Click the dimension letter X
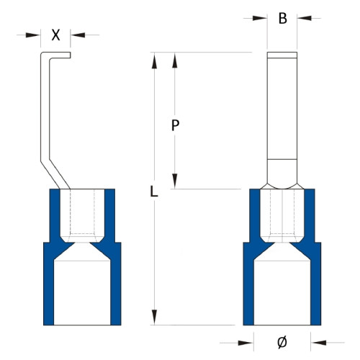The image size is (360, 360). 55,34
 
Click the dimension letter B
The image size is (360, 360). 283,19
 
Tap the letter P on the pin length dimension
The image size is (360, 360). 175,125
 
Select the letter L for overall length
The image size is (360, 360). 153,191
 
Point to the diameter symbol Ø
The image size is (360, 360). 282,341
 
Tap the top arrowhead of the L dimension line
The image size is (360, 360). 153,58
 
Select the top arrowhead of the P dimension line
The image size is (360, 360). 175,58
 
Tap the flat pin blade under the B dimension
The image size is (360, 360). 282,108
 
